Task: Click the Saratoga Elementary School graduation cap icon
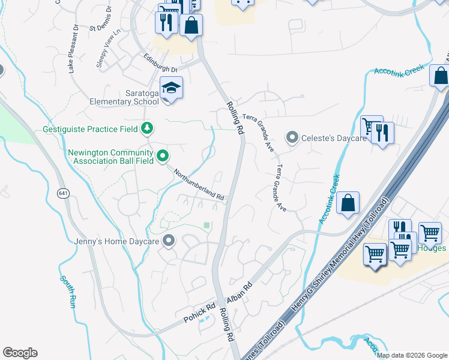pos(171,89)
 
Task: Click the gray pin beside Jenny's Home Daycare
pos(169,241)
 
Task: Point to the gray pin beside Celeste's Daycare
pos(292,138)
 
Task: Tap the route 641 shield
pos(63,193)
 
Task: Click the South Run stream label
pos(67,292)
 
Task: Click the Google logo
pos(20,353)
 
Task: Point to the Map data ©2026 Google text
pos(412,355)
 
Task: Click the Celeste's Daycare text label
pos(333,138)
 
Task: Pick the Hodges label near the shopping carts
pos(433,248)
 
